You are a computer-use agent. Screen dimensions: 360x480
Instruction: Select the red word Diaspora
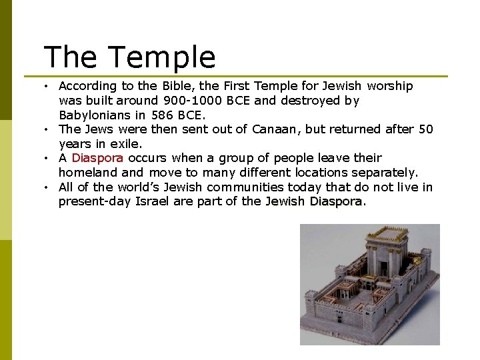(97, 158)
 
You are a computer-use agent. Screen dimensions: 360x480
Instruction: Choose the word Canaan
(276, 129)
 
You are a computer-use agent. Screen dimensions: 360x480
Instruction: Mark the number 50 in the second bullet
(425, 129)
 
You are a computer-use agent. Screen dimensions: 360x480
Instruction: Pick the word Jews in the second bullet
(97, 129)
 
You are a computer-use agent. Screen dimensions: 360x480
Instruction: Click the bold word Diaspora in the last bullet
(336, 201)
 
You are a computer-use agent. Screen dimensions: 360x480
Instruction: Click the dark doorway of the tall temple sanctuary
(384, 267)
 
